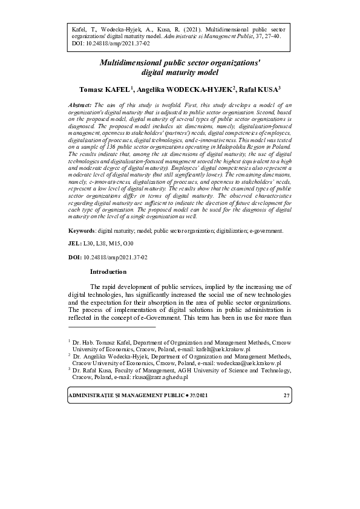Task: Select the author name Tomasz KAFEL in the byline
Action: (x=104, y=89)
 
